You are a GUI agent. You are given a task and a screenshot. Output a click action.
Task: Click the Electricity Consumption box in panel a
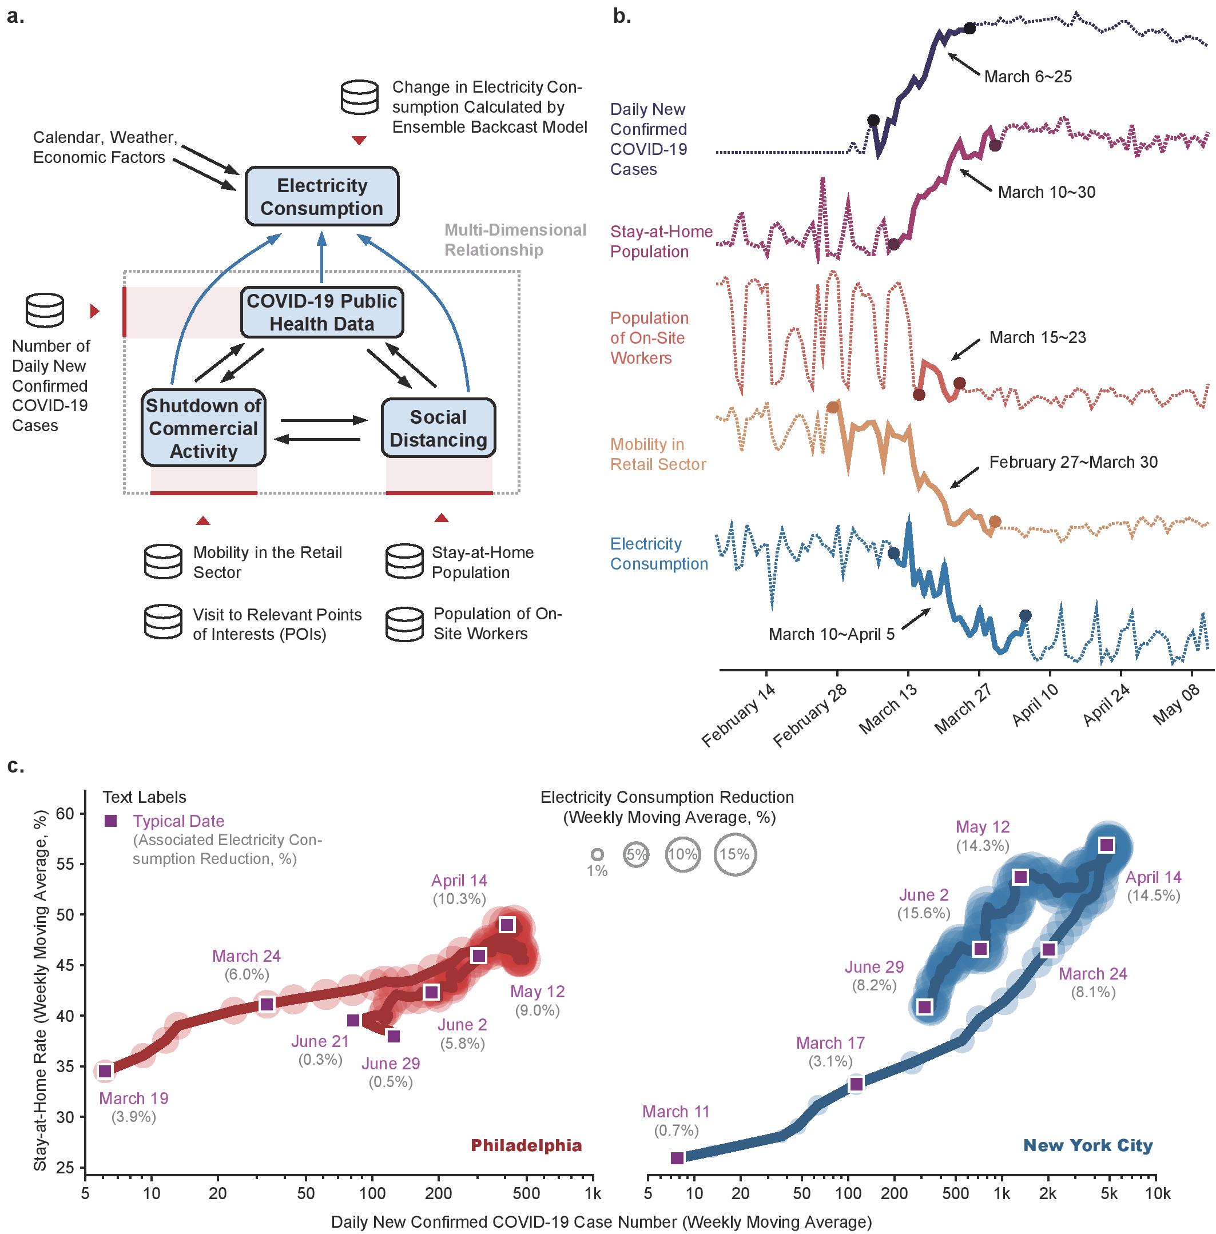[x=322, y=197]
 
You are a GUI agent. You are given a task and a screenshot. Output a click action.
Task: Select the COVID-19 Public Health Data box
[x=322, y=312]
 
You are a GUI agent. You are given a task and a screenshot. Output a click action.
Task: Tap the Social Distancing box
[x=438, y=428]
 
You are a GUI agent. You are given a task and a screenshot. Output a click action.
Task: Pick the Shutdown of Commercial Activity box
[x=203, y=428]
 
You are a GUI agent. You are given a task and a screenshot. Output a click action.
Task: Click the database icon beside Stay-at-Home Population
[x=404, y=562]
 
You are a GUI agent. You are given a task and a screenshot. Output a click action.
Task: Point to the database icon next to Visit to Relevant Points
[x=164, y=623]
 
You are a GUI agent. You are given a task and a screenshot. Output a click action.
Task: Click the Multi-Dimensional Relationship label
[x=515, y=240]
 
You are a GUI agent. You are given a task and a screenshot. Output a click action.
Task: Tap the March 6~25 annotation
[x=1028, y=77]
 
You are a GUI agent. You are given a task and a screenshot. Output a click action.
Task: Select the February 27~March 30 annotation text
[x=1073, y=462]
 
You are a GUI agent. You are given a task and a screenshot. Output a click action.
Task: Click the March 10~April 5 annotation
[x=831, y=634]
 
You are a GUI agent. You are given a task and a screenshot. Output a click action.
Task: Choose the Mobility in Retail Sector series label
[x=658, y=454]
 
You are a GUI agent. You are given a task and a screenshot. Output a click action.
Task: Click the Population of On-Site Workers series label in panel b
[x=648, y=338]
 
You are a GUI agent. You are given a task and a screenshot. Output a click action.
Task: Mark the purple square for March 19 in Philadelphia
[x=105, y=1071]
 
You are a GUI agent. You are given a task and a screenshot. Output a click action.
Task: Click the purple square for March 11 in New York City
[x=677, y=1158]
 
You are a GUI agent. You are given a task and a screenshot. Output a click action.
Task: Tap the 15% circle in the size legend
[x=735, y=854]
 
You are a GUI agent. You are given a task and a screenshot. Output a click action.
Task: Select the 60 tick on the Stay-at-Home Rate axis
[x=65, y=813]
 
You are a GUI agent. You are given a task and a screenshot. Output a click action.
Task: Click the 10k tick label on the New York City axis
[x=1157, y=1194]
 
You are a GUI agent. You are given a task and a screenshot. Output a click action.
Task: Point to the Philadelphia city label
[x=526, y=1145]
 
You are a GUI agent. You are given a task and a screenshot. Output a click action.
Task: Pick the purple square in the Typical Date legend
[x=110, y=821]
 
